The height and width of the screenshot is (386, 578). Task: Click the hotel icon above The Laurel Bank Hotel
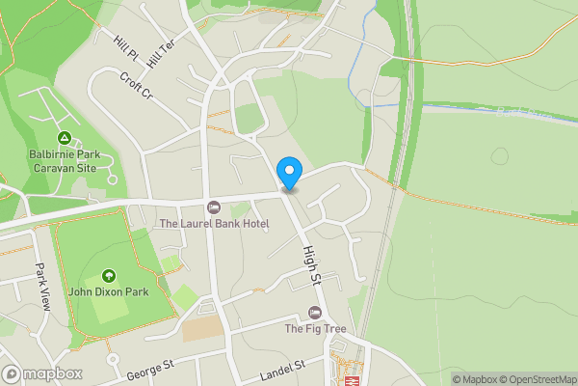(x=214, y=207)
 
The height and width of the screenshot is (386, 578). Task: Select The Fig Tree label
(x=314, y=329)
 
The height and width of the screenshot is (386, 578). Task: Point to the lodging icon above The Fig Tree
(x=314, y=312)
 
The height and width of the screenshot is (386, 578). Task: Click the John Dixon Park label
(x=107, y=291)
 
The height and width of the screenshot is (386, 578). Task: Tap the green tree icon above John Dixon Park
(x=108, y=275)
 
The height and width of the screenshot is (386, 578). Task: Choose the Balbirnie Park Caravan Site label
(x=64, y=160)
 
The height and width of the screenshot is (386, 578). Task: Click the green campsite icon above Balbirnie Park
(x=65, y=138)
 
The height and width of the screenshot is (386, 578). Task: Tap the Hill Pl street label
(x=125, y=45)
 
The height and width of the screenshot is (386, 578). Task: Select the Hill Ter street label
(x=160, y=55)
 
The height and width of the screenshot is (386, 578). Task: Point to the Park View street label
(x=41, y=278)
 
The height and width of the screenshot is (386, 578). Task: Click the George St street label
(x=150, y=368)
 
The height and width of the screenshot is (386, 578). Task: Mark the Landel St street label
(x=281, y=367)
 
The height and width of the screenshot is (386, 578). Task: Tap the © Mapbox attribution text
(x=474, y=379)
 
